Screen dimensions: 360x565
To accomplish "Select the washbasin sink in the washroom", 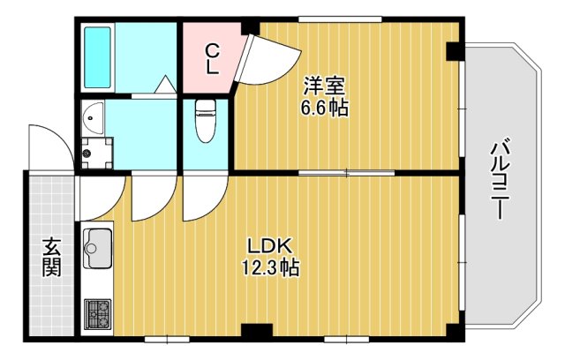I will (93, 116).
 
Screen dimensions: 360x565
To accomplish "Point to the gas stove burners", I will (97, 313).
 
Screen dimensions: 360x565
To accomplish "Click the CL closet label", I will (212, 58).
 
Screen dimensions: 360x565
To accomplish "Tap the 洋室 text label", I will (325, 86).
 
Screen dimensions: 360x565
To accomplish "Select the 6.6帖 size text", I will (325, 109).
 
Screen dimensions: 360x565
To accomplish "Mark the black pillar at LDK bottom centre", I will (256, 334).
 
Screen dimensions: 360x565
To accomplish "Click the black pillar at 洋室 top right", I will (453, 52).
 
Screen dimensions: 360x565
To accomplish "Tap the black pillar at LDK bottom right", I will (453, 334).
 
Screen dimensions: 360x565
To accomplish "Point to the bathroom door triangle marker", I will (163, 86).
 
